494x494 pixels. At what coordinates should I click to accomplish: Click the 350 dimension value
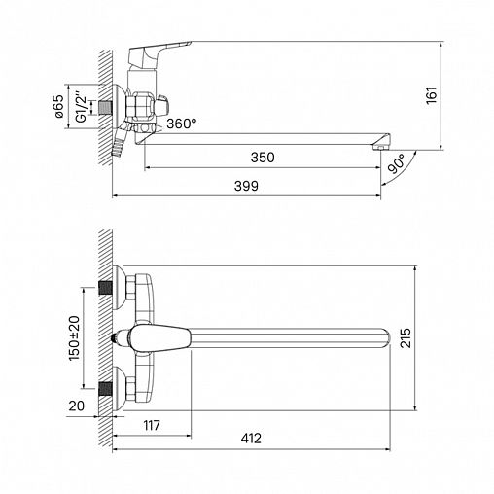263,158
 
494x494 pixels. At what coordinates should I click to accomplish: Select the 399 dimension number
246,186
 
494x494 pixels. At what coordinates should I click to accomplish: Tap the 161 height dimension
432,95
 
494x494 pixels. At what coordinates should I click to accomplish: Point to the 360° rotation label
182,123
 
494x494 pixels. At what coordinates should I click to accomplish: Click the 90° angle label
397,163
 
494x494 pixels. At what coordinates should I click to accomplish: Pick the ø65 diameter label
59,106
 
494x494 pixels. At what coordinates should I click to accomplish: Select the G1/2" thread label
82,108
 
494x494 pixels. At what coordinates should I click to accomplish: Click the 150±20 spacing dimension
74,338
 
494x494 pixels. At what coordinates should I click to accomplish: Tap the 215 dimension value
406,337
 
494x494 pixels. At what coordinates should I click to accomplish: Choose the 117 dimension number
152,425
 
